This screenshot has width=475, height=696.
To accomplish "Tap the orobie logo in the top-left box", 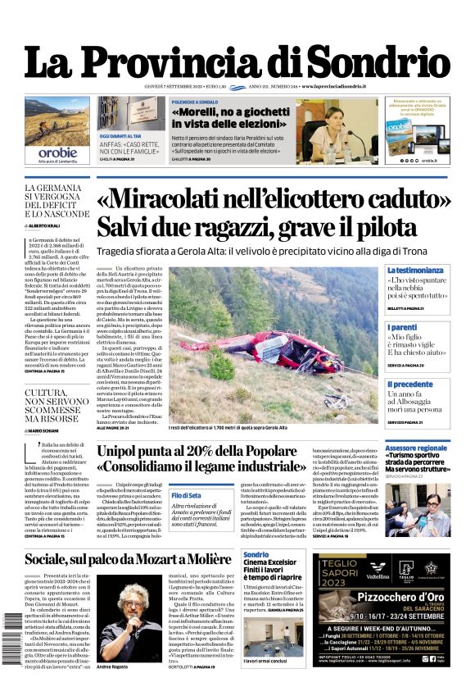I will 57,152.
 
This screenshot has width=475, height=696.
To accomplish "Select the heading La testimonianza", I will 416,270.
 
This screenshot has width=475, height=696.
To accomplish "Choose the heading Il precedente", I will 410,383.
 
